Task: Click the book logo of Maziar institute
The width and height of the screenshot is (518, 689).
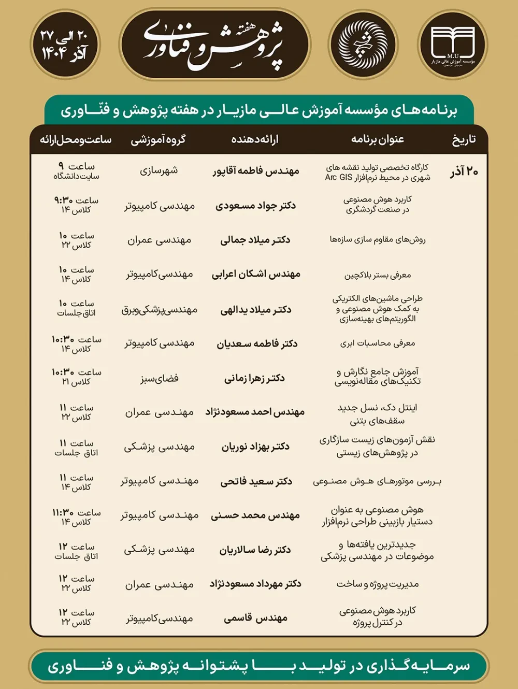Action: tap(452, 45)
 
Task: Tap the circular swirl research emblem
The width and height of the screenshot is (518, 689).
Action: tap(363, 45)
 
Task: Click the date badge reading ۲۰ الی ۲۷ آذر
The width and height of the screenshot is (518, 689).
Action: tap(64, 45)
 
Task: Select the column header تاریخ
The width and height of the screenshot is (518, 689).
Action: tap(464, 139)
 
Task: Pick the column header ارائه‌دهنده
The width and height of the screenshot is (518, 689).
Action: tap(255, 139)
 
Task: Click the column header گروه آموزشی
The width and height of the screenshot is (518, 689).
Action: tap(158, 139)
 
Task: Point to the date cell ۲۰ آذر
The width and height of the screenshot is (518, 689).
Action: tap(464, 171)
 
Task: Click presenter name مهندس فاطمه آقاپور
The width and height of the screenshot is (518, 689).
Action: tap(256, 171)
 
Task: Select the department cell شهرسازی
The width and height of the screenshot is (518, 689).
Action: tap(159, 170)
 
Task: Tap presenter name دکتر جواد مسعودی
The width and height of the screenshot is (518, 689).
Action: tap(256, 206)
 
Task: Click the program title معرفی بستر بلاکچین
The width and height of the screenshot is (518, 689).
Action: tap(378, 275)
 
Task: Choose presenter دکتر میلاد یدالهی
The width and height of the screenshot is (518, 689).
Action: tap(256, 310)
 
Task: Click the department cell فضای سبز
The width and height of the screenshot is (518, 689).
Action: tap(159, 378)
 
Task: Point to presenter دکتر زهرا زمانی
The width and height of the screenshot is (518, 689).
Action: tap(255, 378)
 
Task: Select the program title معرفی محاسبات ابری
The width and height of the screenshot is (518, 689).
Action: tap(378, 343)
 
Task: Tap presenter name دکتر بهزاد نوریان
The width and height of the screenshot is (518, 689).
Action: tap(256, 447)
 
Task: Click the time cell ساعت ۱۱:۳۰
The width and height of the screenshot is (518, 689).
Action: tap(76, 516)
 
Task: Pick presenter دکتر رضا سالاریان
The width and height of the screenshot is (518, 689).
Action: tap(255, 550)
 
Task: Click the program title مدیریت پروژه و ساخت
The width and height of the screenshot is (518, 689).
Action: tap(378, 584)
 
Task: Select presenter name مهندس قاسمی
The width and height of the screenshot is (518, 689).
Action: tap(256, 618)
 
